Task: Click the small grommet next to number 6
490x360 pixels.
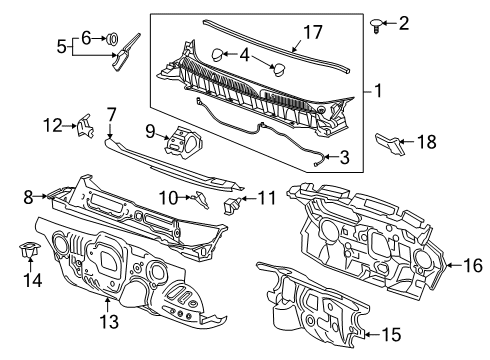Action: point(112,39)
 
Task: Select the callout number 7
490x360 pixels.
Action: point(112,116)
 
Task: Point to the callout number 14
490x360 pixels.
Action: point(30,282)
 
